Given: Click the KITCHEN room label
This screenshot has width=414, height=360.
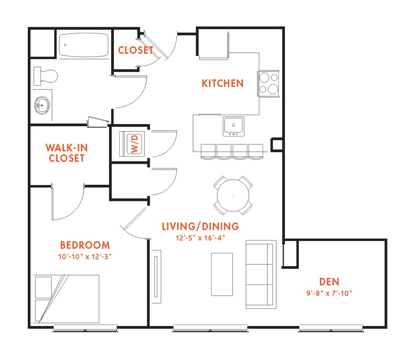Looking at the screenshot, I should pos(222,83).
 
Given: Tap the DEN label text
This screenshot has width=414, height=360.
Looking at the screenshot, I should pos(329,282).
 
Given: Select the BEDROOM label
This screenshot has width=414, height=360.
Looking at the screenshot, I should pos(85,245).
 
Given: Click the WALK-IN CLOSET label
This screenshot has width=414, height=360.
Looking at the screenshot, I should pos(67,153).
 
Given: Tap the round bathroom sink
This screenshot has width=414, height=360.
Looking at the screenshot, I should pos(42,104).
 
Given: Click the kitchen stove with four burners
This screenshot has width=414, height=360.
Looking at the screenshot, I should pos(268,83).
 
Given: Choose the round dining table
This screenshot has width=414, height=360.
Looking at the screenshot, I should pos(233,195).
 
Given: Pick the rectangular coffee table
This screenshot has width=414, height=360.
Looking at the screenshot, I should pos(222,274).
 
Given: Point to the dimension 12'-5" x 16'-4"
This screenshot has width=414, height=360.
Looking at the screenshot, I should pos(200,238).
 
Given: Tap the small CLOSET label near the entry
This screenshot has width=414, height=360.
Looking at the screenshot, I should pos(135,50).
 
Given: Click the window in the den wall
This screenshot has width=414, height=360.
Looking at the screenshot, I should pos(330,328).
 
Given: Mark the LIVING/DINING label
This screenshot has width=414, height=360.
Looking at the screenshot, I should pos(200,226).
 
